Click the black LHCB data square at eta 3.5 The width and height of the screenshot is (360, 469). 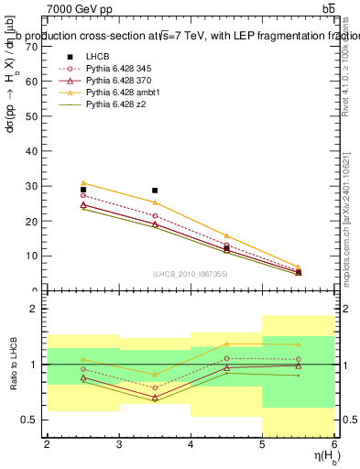(x=155, y=191)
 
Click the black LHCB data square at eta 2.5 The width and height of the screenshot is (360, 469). (x=83, y=190)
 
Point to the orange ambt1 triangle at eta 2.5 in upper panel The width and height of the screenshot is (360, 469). (x=83, y=183)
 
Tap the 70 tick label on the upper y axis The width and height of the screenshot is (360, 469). (x=36, y=46)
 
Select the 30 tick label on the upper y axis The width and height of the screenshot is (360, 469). (x=36, y=186)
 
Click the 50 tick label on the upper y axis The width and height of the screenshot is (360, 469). (x=36, y=116)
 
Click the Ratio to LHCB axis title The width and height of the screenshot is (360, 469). (x=12, y=366)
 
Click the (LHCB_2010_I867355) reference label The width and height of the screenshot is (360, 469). (x=191, y=275)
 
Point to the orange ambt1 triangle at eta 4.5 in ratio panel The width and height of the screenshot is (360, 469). (x=227, y=344)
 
